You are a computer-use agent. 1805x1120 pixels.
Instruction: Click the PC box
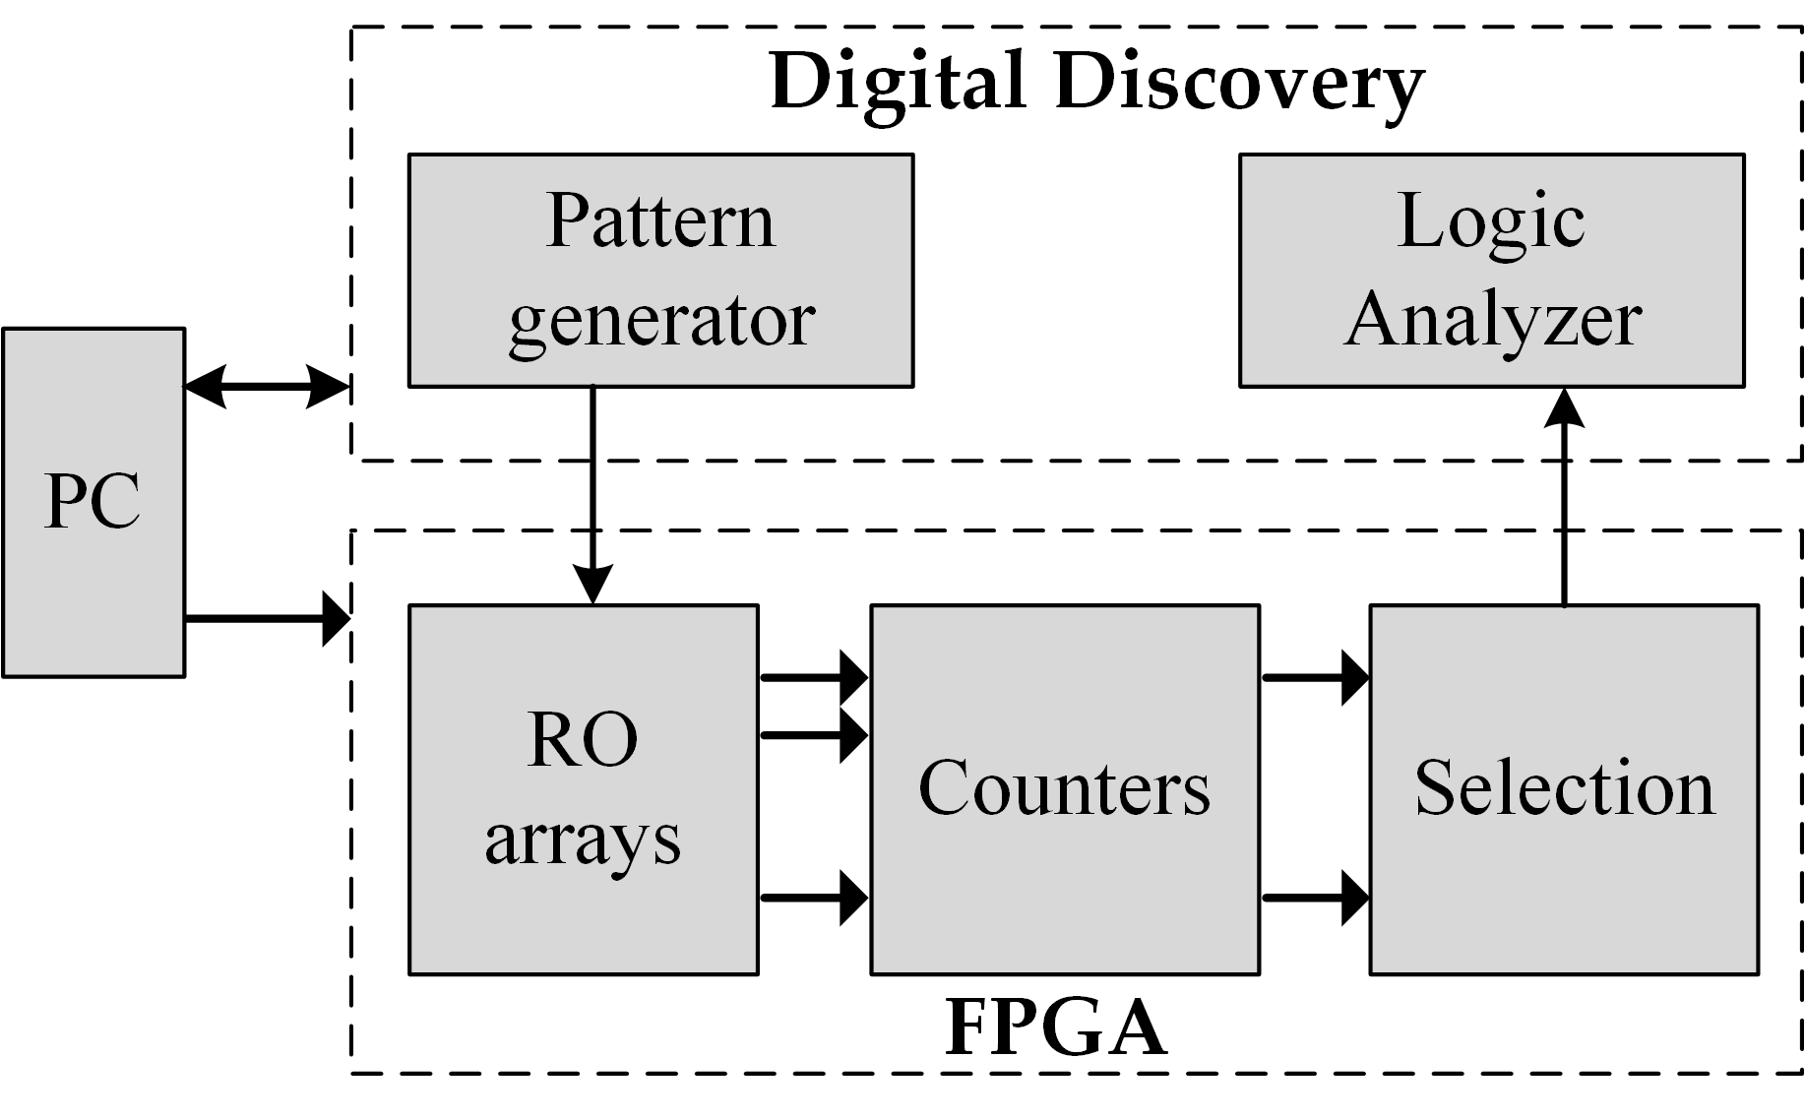click(x=93, y=502)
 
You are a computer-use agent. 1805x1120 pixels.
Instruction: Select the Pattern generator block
click(x=660, y=270)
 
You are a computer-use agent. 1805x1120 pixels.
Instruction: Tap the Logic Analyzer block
click(x=1491, y=270)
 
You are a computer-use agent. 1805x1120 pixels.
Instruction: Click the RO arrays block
click(x=583, y=789)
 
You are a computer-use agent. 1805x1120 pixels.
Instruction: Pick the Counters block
click(x=1064, y=789)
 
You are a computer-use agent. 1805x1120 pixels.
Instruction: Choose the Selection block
click(x=1564, y=789)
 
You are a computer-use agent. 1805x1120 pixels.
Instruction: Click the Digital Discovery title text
click(x=1096, y=83)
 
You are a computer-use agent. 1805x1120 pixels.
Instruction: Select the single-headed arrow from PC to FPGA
click(x=267, y=619)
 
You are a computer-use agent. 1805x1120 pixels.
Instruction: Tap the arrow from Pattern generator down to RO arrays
click(x=592, y=492)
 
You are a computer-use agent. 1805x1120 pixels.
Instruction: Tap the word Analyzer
click(x=1493, y=320)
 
